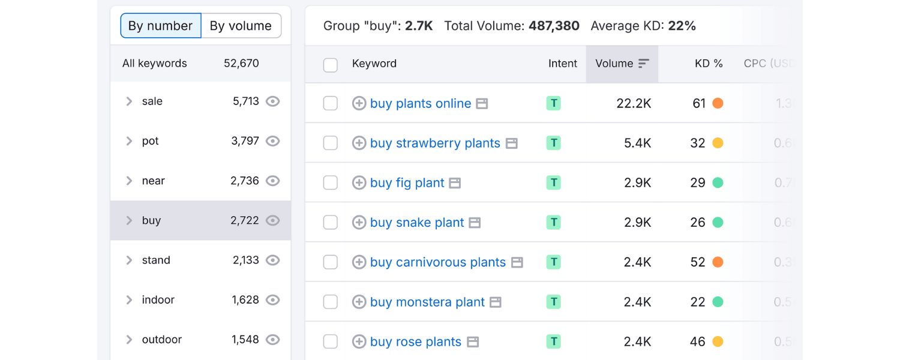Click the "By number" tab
[x=160, y=26]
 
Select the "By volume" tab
[x=241, y=26]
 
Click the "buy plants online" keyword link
[x=420, y=103]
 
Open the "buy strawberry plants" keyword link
[x=435, y=143]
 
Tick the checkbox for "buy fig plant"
[x=331, y=183]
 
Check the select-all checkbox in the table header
[x=331, y=65]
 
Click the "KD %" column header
[x=708, y=64]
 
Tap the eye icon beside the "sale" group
[x=273, y=101]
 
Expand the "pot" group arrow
[x=129, y=141]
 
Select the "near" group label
[x=153, y=181]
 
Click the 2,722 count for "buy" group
[x=245, y=220]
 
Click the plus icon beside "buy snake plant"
[x=359, y=223]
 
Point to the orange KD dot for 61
[x=718, y=103]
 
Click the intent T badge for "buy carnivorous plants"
[x=553, y=262]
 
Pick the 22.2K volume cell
[x=634, y=103]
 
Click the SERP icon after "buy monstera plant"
[x=495, y=302]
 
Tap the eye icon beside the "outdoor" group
[x=273, y=340]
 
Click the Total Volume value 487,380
[x=554, y=26]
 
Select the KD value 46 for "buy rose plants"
[x=697, y=342]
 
